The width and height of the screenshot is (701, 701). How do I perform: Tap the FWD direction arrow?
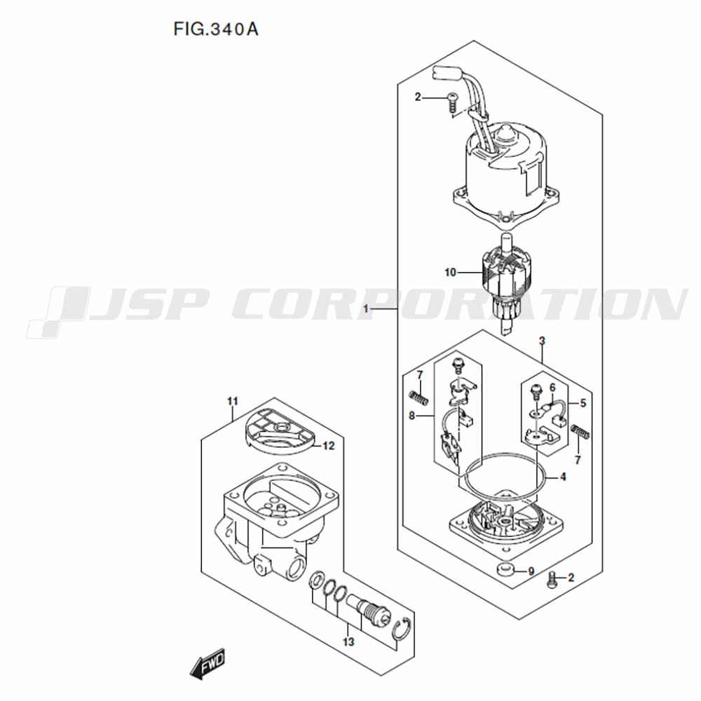207,663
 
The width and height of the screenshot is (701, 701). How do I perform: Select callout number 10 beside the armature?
450,272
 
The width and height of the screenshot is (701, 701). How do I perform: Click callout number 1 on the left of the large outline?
366,309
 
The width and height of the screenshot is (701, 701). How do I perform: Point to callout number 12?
329,446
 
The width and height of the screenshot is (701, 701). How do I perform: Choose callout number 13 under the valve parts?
348,642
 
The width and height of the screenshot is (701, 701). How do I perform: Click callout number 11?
233,401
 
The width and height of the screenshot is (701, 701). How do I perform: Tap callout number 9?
531,571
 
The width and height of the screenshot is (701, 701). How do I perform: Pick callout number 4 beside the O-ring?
563,477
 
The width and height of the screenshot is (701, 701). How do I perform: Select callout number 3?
542,341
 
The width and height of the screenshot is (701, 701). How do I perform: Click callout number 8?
411,416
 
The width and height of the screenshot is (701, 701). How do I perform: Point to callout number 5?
583,403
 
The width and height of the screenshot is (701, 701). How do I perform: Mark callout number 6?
552,388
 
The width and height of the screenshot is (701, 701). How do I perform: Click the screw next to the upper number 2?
452,102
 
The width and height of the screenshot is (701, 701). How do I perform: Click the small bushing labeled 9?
505,571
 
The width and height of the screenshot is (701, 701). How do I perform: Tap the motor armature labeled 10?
506,283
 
